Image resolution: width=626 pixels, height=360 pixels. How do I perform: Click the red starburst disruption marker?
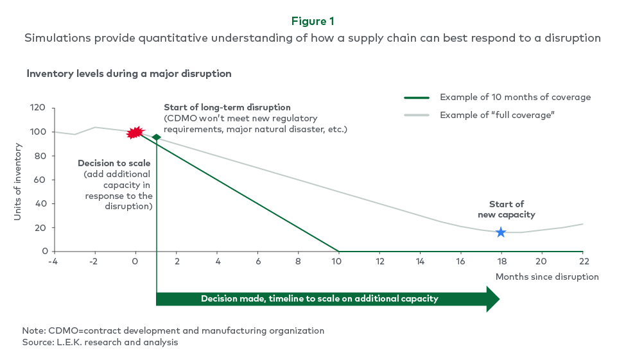(135, 133)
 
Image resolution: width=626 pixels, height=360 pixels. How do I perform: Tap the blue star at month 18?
(501, 232)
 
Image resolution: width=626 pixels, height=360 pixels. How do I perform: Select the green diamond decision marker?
(156, 137)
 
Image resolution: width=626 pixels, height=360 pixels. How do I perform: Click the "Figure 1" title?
(313, 21)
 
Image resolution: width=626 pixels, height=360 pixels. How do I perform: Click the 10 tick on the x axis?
(339, 261)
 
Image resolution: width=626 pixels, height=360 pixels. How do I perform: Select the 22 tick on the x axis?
(582, 261)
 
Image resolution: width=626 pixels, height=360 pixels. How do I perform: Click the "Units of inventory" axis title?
(18, 182)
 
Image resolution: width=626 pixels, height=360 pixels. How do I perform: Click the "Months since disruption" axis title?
(546, 277)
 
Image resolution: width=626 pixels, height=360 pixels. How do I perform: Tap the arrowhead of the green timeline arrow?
(492, 298)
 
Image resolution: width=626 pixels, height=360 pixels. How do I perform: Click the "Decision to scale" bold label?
(114, 163)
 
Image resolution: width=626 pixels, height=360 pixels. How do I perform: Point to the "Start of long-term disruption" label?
(227, 107)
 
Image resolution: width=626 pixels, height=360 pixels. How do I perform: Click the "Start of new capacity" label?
(507, 210)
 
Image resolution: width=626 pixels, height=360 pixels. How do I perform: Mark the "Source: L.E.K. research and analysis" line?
(100, 342)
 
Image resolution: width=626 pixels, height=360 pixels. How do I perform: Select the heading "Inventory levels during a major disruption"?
(128, 73)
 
